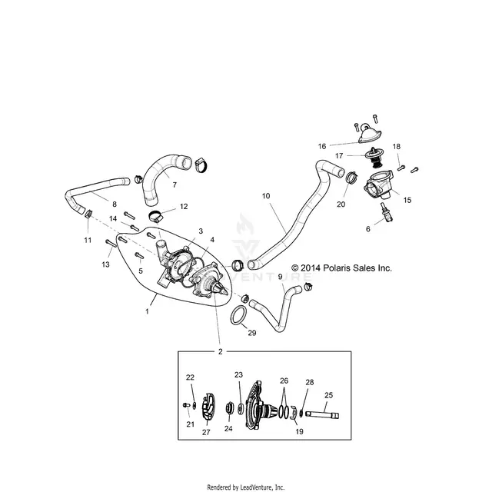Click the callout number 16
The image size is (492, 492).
pyautogui.click(x=322, y=146)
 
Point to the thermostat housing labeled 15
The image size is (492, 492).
pyautogui.click(x=378, y=184)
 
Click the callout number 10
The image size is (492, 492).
pyautogui.click(x=266, y=196)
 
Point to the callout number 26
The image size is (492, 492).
pyautogui.click(x=284, y=381)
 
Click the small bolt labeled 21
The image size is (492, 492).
pyautogui.click(x=186, y=405)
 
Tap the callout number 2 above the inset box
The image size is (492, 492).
pyautogui.click(x=221, y=351)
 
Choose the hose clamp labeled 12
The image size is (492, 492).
pyautogui.click(x=156, y=217)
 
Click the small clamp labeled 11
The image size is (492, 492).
pyautogui.click(x=88, y=214)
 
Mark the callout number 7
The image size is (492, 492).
pyautogui.click(x=175, y=185)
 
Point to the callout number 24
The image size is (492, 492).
pyautogui.click(x=228, y=429)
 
